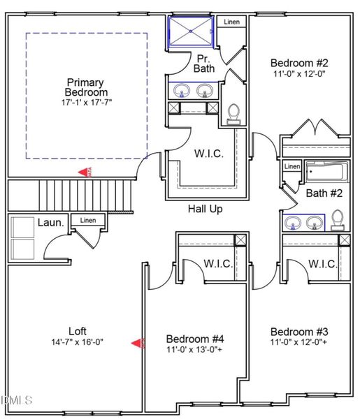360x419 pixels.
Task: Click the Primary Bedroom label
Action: pos(86,87)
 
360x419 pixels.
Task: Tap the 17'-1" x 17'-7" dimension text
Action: pos(86,103)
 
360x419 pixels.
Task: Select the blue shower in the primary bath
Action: pos(191,32)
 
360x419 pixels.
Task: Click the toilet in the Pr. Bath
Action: pos(233,113)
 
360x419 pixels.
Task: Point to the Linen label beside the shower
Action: pos(231,22)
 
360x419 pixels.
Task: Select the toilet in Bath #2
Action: pos(337,219)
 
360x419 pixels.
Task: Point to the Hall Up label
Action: pos(205,209)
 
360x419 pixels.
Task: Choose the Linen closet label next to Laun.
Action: pos(88,221)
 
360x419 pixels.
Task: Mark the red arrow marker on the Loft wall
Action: pos(137,343)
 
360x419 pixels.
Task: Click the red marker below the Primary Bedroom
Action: pos(85,172)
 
